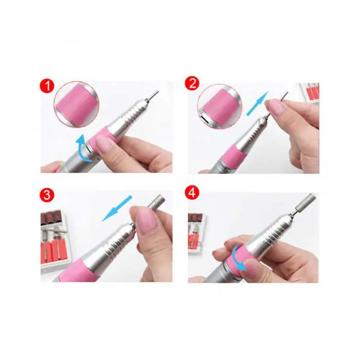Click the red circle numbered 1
(47, 86)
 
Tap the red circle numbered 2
(192, 84)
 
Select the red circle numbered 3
(47, 195)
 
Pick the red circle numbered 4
(192, 193)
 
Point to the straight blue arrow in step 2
(257, 103)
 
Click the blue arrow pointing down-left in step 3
(117, 208)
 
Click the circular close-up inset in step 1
(77, 104)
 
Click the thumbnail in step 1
(103, 145)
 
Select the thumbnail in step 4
(253, 268)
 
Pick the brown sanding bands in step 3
(51, 217)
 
